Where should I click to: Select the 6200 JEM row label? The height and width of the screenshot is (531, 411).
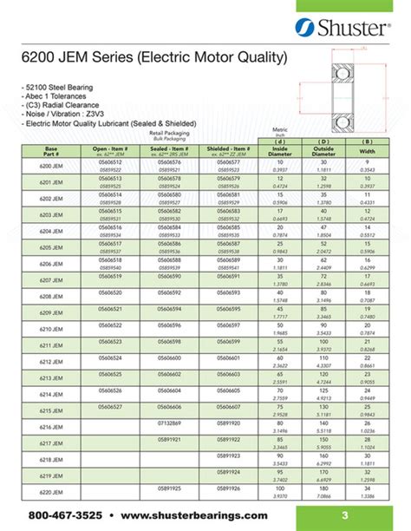pos(51,165)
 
